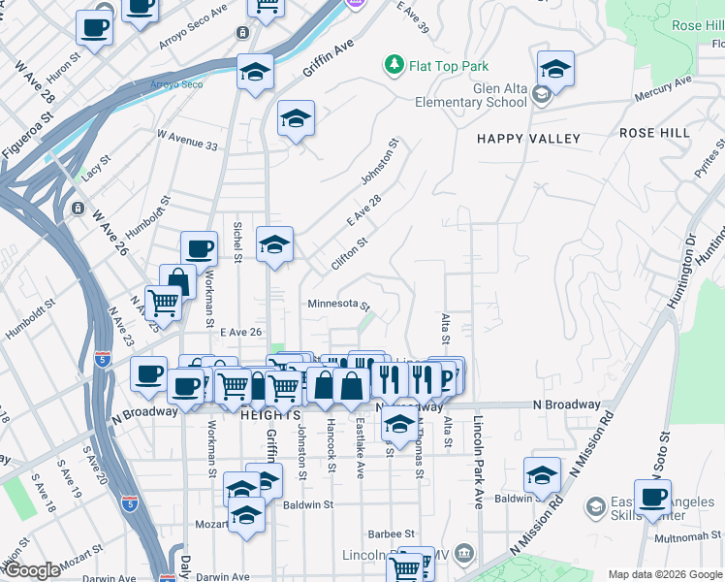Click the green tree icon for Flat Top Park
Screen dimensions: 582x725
click(x=394, y=66)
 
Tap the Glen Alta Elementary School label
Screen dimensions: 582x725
click(x=470, y=95)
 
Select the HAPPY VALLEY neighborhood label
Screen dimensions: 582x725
click(x=528, y=139)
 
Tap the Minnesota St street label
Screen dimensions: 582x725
click(x=338, y=304)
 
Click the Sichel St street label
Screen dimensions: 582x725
click(x=237, y=242)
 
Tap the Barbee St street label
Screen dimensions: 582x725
click(x=391, y=533)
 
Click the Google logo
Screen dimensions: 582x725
click(x=32, y=570)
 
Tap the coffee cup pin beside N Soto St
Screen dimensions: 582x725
click(x=652, y=497)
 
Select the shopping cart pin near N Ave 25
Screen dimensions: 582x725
click(x=164, y=303)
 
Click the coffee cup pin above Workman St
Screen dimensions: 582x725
click(x=199, y=249)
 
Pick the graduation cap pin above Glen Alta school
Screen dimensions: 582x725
click(x=555, y=69)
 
